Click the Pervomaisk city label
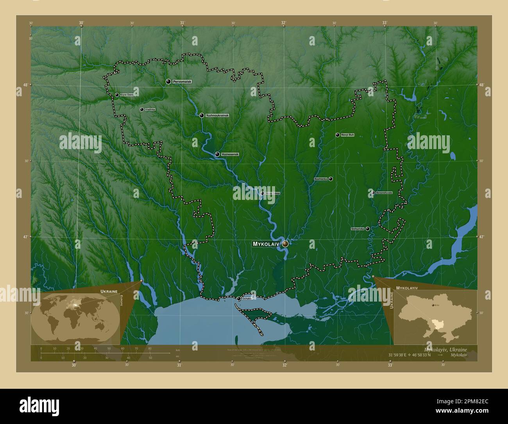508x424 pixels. point(182,81)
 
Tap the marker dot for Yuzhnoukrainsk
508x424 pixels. point(202,115)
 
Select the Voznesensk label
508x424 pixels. point(229,155)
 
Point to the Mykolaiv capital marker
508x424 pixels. point(286,244)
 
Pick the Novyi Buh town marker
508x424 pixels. point(337,135)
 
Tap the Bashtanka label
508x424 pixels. point(320,179)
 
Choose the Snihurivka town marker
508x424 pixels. point(367,229)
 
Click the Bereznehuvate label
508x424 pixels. point(384,193)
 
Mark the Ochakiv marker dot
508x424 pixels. point(238,299)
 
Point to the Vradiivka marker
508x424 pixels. point(142,110)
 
